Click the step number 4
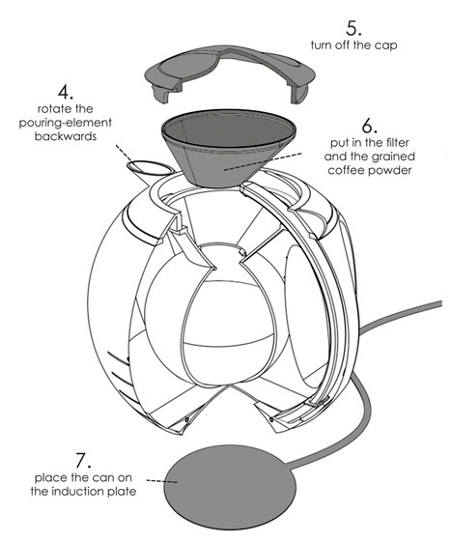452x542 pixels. (x=66, y=92)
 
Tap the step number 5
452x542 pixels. (x=353, y=28)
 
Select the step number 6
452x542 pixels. (x=369, y=126)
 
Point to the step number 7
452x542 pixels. (x=83, y=461)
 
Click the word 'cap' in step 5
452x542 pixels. (x=388, y=45)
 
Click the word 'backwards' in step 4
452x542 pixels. (x=66, y=136)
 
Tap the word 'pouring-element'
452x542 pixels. (x=66, y=123)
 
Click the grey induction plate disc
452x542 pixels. (x=230, y=487)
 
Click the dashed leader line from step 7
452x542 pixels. (x=162, y=481)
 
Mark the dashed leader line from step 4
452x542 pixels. (x=124, y=154)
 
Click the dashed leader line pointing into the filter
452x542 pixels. (x=263, y=161)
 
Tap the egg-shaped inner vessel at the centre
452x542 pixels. (x=228, y=328)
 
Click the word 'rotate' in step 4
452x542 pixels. (x=51, y=109)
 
